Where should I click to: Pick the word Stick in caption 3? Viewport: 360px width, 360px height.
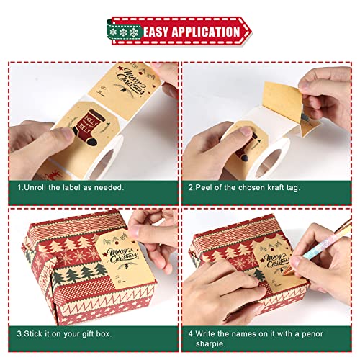(38, 334)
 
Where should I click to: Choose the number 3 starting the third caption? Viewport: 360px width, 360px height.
(20, 334)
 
